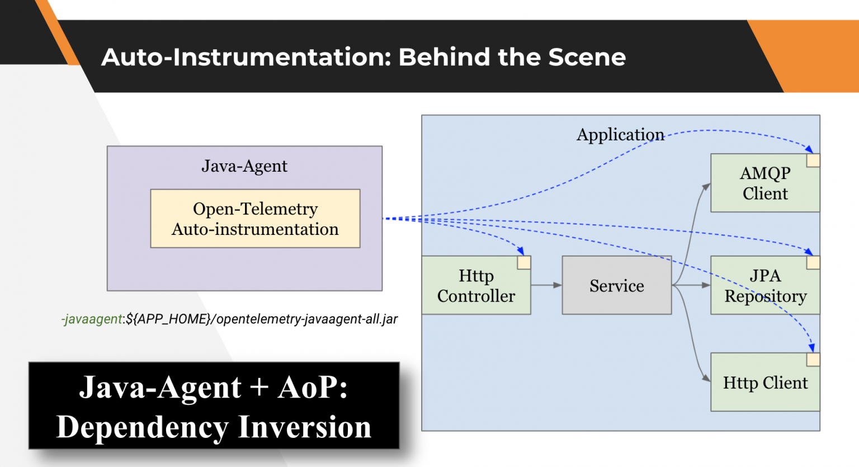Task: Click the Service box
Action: (616, 285)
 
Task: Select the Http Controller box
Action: (475, 286)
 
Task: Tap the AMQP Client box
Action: (764, 183)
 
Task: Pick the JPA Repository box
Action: (764, 286)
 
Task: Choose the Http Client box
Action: (764, 383)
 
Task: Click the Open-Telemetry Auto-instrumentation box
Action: (255, 219)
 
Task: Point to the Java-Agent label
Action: (244, 166)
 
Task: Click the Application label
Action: (620, 135)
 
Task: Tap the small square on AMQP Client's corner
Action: (813, 161)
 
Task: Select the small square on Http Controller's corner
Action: (523, 263)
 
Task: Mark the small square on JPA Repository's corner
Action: (813, 263)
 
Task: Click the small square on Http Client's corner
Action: (813, 360)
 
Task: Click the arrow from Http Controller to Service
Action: (546, 285)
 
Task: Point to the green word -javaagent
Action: (92, 319)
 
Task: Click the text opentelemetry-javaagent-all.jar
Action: (307, 319)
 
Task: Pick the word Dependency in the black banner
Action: (142, 427)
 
